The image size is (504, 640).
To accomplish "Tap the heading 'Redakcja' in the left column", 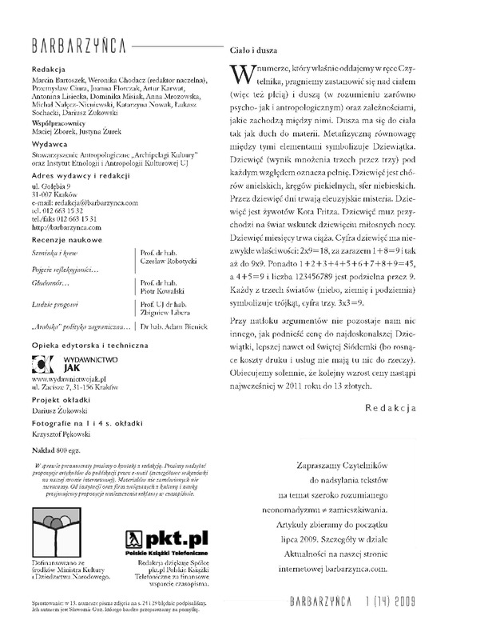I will point(48,69).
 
